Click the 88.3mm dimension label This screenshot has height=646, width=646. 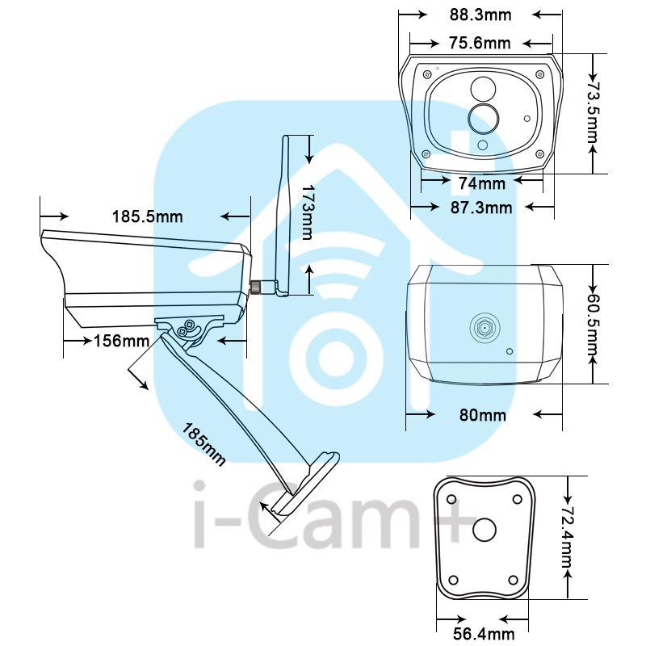tap(480, 15)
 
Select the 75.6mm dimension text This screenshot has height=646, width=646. tap(480, 43)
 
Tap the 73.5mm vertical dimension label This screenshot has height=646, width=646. tap(592, 112)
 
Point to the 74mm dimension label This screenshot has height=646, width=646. tap(482, 183)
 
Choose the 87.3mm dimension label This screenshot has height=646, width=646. tap(481, 208)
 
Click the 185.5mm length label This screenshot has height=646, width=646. tap(148, 216)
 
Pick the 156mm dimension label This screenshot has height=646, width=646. tap(122, 341)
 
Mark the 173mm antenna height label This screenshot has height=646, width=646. tap(308, 212)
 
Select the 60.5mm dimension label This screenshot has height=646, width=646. tap(592, 325)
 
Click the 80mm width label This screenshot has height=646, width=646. tap(483, 415)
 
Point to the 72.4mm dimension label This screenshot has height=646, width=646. tap(568, 536)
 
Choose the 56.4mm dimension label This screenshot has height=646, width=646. tap(484, 634)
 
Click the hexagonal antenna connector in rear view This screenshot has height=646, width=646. tap(484, 328)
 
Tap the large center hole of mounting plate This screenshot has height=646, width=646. tap(484, 530)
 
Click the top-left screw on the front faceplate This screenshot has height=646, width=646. tap(427, 74)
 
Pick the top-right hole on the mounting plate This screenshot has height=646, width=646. tap(517, 499)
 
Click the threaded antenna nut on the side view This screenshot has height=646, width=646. tap(256, 287)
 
